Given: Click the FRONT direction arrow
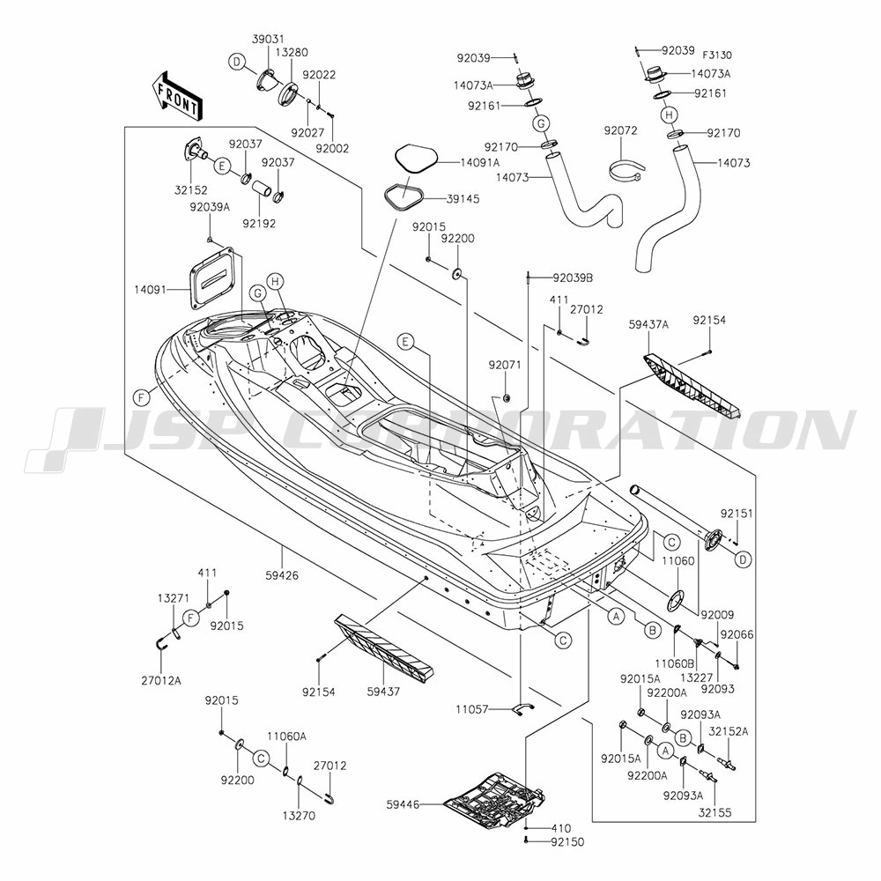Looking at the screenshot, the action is [x=176, y=95].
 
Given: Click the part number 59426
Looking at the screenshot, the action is [x=282, y=575].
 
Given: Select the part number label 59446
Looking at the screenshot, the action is [x=403, y=804].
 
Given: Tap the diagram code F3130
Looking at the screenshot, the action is [x=717, y=55].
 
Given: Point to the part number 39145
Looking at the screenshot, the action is [x=463, y=199].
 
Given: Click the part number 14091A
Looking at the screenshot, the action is [x=480, y=162].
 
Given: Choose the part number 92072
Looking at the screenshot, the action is [x=621, y=130].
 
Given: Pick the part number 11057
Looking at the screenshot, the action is [x=473, y=709].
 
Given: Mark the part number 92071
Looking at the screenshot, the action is [x=505, y=366].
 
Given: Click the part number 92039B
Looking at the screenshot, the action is [x=573, y=278].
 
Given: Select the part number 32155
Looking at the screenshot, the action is [x=714, y=813].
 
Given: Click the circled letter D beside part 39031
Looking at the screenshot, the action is [x=237, y=62].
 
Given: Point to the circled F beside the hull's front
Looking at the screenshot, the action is [x=142, y=398].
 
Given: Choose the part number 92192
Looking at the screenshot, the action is [x=260, y=223].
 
